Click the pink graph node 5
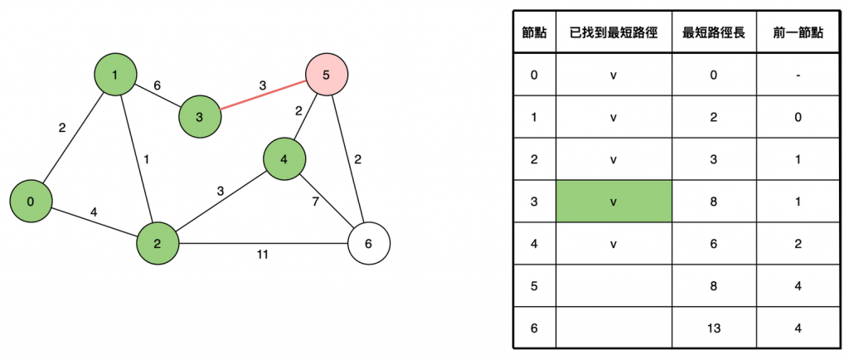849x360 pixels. tap(327, 75)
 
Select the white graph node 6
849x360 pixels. tap(368, 244)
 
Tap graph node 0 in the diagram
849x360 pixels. tap(32, 202)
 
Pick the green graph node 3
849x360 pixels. tap(200, 116)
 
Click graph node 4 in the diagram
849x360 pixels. tap(284, 159)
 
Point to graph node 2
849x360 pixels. tap(158, 244)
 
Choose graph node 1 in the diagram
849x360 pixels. tap(115, 75)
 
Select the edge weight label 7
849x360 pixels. tap(315, 201)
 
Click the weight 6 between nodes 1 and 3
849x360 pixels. tap(158, 85)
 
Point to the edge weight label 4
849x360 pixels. tap(94, 212)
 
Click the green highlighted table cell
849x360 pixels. tap(613, 202)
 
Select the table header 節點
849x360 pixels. tap(534, 32)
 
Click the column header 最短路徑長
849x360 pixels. tap(713, 32)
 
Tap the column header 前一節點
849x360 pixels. tap(796, 32)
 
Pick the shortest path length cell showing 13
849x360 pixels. tap(713, 328)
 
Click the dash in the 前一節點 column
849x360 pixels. tap(796, 75)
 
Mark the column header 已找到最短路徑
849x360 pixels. tap(613, 32)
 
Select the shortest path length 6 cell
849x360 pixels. tap(713, 244)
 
